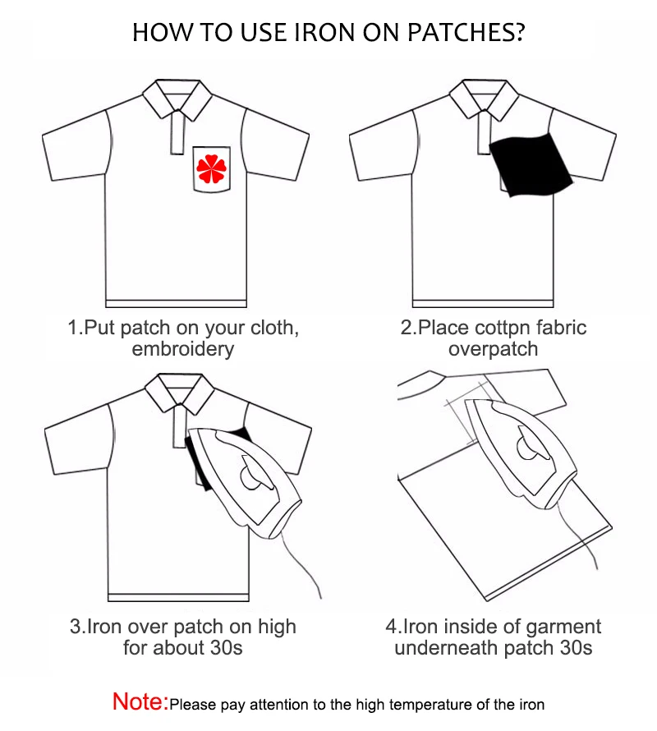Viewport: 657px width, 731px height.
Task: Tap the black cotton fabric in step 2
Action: tap(530, 164)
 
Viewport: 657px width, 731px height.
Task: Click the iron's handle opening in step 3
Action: tap(246, 475)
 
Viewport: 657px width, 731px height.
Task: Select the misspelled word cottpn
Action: tap(506, 328)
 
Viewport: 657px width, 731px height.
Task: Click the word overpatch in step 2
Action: tap(493, 348)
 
